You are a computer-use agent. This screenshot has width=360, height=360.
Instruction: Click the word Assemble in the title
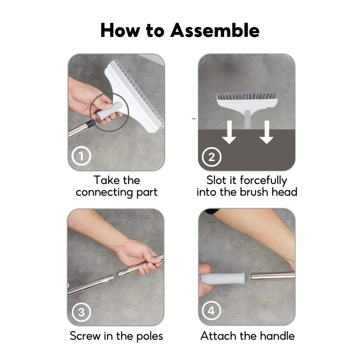tap(215, 30)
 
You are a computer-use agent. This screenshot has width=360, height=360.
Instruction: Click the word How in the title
tap(120, 30)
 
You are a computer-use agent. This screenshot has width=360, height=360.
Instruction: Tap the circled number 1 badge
tap(81, 156)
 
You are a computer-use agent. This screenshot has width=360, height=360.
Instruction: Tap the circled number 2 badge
tap(211, 157)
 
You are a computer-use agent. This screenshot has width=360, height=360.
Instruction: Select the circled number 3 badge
tap(81, 312)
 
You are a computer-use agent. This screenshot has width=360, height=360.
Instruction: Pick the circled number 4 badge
tap(211, 310)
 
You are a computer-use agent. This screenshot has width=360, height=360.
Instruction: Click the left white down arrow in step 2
tap(229, 132)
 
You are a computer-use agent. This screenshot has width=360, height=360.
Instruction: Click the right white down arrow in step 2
tap(266, 132)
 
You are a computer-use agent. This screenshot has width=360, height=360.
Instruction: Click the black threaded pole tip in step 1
tap(91, 124)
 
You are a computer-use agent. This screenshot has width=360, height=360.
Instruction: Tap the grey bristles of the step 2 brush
tap(247, 96)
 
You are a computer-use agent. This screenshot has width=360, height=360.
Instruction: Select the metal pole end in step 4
tap(273, 276)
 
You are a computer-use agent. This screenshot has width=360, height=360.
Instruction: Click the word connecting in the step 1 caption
tap(104, 193)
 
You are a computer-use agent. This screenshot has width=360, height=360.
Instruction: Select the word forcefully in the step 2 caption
tap(263, 180)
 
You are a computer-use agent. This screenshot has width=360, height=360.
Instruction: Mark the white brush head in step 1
tap(133, 96)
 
